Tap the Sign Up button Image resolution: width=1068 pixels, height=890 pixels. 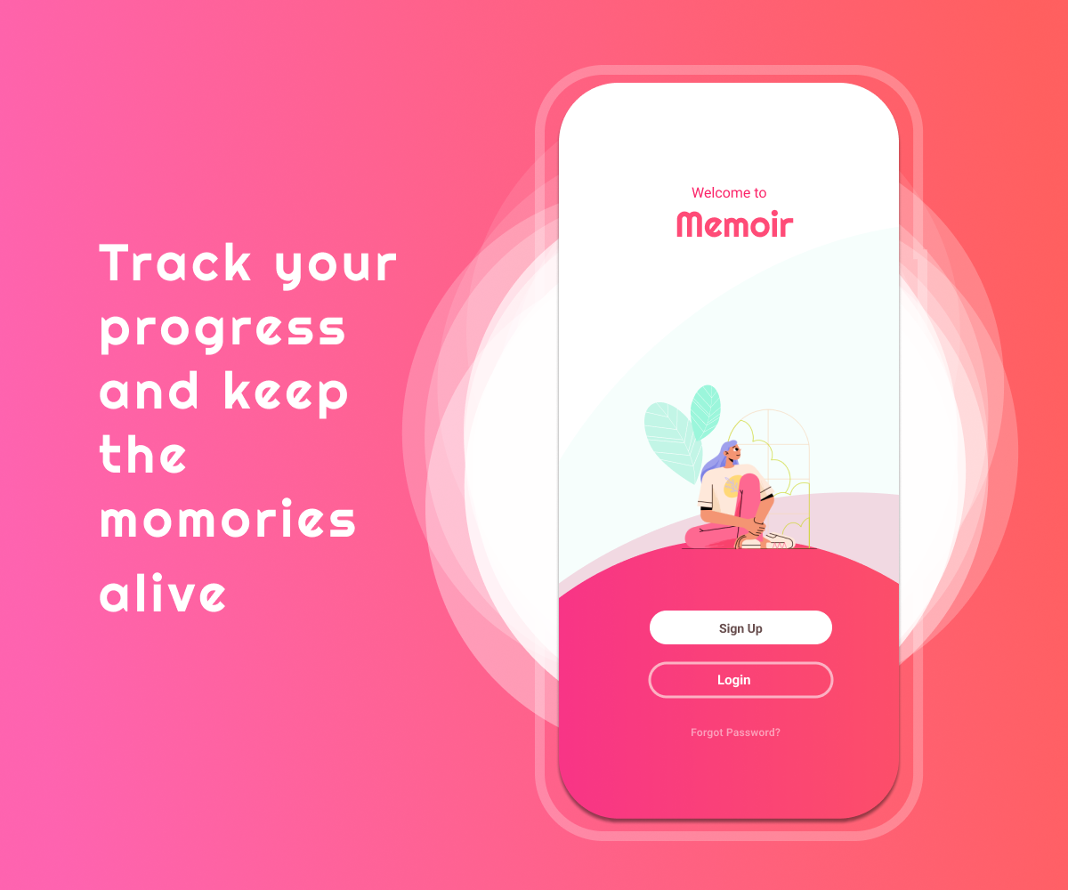click(740, 627)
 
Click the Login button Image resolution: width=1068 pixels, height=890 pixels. click(740, 680)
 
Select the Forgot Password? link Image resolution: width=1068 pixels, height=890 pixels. click(735, 732)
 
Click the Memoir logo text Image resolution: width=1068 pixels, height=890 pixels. click(734, 224)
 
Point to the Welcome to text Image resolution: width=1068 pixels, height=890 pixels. click(729, 193)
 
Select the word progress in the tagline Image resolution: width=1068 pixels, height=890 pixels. click(222, 331)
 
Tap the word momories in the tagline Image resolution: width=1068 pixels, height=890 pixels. click(228, 518)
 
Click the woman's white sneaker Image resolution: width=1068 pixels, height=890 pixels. click(778, 540)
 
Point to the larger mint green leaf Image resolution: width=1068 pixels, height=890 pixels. click(672, 441)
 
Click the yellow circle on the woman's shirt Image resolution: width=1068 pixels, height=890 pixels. click(732, 486)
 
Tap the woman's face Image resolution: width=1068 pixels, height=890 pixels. click(734, 453)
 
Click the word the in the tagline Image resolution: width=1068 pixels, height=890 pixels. click(142, 453)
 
